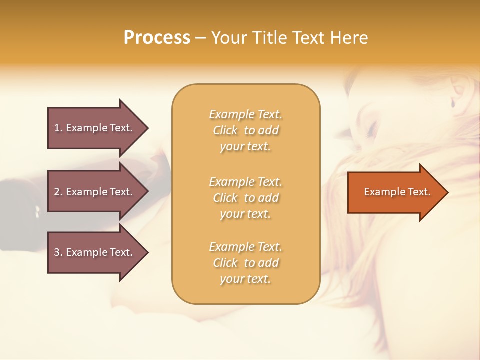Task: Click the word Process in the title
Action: (x=157, y=38)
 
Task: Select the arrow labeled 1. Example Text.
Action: (x=95, y=128)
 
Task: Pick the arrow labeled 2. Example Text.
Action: (x=95, y=192)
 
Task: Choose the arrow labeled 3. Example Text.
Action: (x=95, y=252)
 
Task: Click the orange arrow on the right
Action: (x=395, y=192)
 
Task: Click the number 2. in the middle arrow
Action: (x=58, y=192)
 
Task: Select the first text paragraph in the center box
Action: (x=245, y=130)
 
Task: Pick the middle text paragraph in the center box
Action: (x=245, y=198)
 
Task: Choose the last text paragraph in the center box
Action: (x=245, y=263)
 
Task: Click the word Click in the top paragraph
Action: (x=225, y=130)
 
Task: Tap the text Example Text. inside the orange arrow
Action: (x=397, y=192)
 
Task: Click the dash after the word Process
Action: (x=200, y=38)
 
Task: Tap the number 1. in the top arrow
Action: (x=58, y=128)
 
